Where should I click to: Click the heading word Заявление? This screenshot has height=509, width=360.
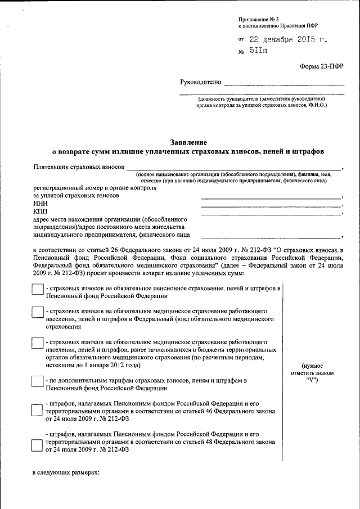click(x=188, y=142)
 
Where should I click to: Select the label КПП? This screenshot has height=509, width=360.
click(x=40, y=211)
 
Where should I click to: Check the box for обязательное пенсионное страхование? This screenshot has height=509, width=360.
click(x=37, y=289)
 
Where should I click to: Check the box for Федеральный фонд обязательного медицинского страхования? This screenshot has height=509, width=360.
click(x=37, y=312)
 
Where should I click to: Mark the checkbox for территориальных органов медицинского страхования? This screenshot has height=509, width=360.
click(x=37, y=343)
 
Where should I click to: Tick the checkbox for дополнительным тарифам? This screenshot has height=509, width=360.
click(x=37, y=381)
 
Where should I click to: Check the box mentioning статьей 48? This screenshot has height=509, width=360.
click(x=37, y=446)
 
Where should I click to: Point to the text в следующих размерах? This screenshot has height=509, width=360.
click(x=65, y=472)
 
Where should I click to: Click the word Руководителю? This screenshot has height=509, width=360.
click(x=201, y=82)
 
